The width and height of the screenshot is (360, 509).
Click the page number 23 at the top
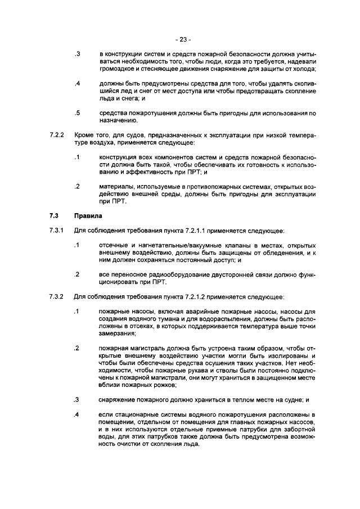(x=183, y=39)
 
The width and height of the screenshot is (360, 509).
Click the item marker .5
(x=78, y=113)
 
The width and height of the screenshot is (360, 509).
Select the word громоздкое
(x=117, y=69)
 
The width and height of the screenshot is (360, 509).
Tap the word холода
(x=303, y=69)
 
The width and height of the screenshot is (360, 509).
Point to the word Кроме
(x=86, y=135)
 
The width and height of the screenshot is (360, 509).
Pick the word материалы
(x=116, y=186)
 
